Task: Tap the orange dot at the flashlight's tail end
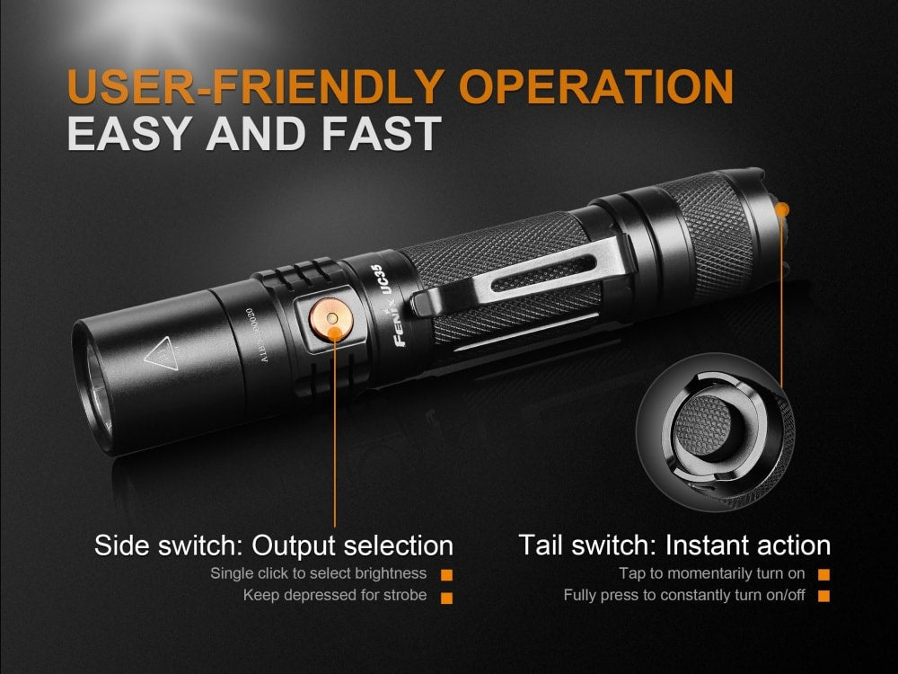click(781, 209)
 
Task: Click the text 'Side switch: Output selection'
click(274, 545)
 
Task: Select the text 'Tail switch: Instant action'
click(674, 545)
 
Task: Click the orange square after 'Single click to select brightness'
click(446, 573)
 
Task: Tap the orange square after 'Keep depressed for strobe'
click(446, 596)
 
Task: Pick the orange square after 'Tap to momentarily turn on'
click(823, 573)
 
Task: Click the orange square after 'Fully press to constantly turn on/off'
click(823, 596)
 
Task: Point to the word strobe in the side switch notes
click(405, 595)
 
